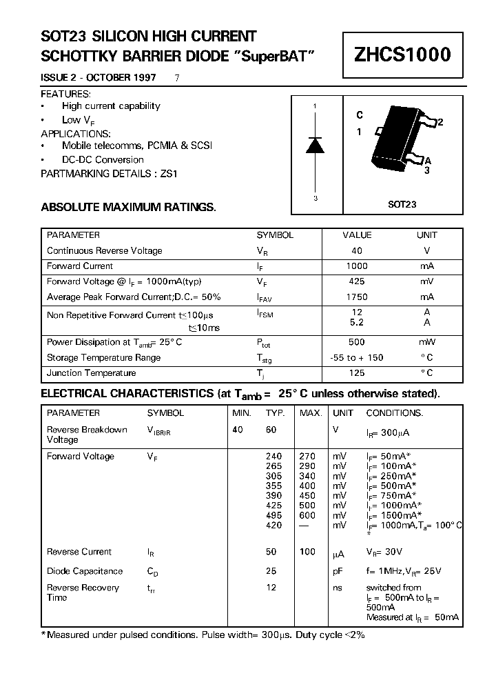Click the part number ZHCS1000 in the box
[402, 54]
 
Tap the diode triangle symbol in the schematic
[315, 145]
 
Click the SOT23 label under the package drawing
[402, 205]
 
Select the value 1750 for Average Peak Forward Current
[356, 297]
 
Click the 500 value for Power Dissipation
[356, 342]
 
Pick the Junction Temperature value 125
[356, 373]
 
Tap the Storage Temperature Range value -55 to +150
[356, 358]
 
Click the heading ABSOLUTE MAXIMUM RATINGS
[128, 207]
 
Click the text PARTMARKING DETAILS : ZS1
[109, 174]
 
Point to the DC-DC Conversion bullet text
[103, 160]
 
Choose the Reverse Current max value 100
[307, 552]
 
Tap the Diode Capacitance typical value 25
[271, 571]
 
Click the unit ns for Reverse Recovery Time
[338, 588]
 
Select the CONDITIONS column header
[394, 413]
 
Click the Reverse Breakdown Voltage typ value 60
[271, 430]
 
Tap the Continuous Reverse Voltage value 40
[356, 251]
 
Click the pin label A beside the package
[428, 160]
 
